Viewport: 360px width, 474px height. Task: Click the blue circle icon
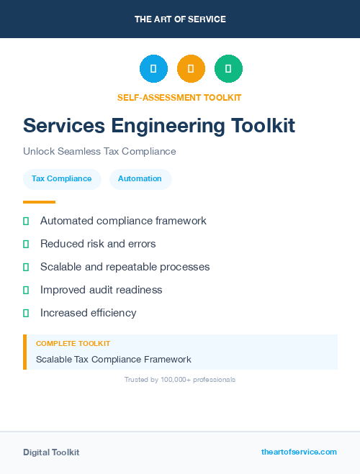click(x=153, y=68)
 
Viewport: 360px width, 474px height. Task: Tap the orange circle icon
click(x=191, y=68)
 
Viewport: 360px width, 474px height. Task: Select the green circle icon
click(x=228, y=68)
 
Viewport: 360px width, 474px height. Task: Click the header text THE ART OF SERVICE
click(x=180, y=19)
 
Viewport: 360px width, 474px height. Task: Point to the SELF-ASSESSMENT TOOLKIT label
click(x=179, y=97)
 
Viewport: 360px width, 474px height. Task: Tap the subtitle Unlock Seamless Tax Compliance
click(x=99, y=151)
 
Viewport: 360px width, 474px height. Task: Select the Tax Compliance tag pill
click(x=62, y=178)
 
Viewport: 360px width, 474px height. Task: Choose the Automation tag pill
click(x=140, y=178)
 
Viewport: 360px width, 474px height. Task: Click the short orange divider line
click(x=39, y=202)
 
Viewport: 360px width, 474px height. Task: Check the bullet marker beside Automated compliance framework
click(x=26, y=221)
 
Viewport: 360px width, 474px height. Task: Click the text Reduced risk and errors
click(x=98, y=244)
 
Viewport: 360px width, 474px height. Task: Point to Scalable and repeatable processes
click(x=125, y=267)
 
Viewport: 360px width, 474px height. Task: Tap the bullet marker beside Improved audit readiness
click(x=26, y=290)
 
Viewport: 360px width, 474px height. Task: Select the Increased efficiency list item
click(x=88, y=313)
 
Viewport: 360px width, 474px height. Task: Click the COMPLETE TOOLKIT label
click(x=73, y=344)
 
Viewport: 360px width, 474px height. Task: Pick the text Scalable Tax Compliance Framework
click(x=114, y=359)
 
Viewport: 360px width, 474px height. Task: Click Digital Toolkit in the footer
click(x=51, y=452)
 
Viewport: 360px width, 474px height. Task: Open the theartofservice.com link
click(x=299, y=452)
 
